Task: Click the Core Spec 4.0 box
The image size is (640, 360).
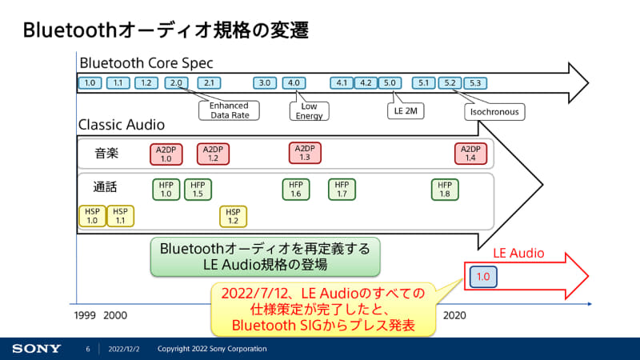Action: pyautogui.click(x=294, y=82)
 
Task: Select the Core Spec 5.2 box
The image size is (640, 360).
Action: pyautogui.click(x=450, y=82)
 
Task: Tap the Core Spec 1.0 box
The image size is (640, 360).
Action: pyautogui.click(x=90, y=82)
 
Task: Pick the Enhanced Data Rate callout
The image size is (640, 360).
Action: pyautogui.click(x=229, y=110)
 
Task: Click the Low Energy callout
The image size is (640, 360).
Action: pyautogui.click(x=309, y=110)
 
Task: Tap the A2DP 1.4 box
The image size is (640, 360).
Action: pyautogui.click(x=471, y=153)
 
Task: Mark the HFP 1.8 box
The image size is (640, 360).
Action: pyautogui.click(x=446, y=189)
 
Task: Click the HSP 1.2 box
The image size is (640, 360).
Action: pyautogui.click(x=234, y=215)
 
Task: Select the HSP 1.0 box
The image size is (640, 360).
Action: pyautogui.click(x=92, y=215)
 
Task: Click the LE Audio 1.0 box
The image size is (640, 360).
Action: pyautogui.click(x=483, y=276)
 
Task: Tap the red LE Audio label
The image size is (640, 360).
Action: pyautogui.click(x=518, y=253)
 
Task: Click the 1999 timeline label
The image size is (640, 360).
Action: pyautogui.click(x=85, y=315)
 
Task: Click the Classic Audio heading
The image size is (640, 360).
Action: pyautogui.click(x=122, y=125)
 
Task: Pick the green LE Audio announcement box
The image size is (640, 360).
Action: pyautogui.click(x=265, y=256)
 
